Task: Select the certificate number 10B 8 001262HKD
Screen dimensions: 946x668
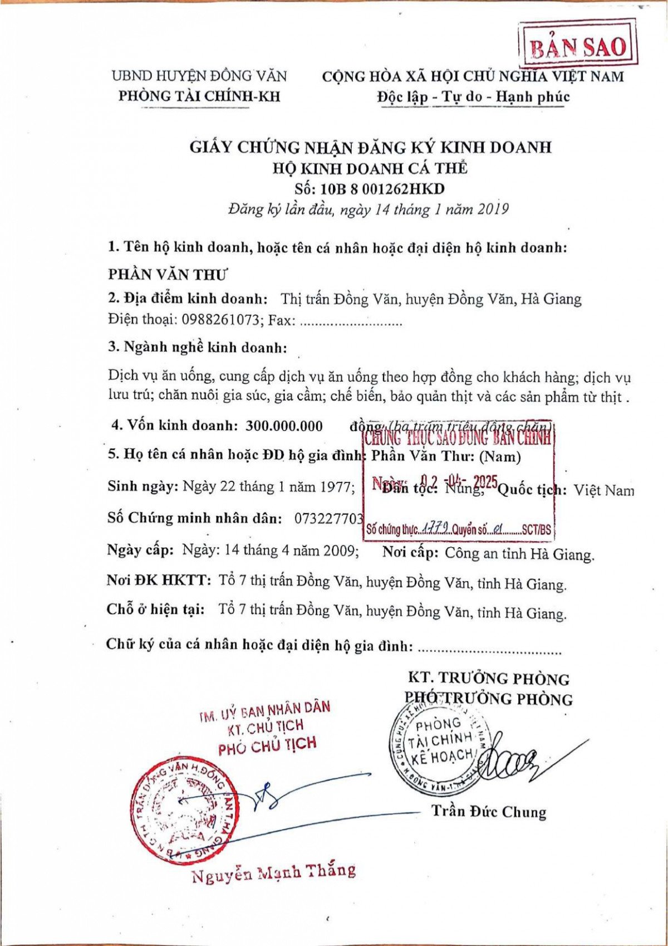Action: pos(370,188)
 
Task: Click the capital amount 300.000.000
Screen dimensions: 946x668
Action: pos(284,426)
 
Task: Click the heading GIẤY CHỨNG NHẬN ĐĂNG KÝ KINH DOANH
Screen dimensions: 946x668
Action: pos(370,147)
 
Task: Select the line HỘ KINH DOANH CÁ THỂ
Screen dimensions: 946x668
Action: pos(370,168)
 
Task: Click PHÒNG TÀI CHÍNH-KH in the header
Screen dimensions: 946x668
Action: pos(199,96)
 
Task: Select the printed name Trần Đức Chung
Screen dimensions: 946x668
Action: pos(489,811)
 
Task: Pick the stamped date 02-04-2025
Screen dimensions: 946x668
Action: pos(458,482)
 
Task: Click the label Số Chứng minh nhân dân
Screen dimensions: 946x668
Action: pos(194,518)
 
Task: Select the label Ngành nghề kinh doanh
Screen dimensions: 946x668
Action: pos(198,347)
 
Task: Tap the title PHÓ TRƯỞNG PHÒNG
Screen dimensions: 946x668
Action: pos(489,699)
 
